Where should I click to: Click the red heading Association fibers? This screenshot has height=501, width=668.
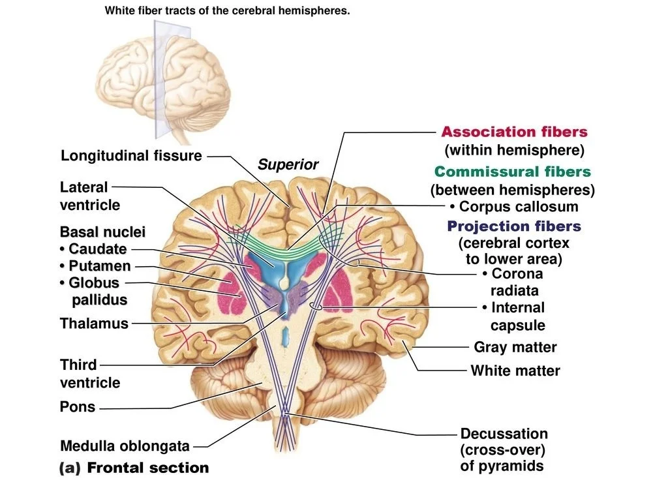[514, 132]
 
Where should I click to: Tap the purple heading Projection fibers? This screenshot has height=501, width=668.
[513, 226]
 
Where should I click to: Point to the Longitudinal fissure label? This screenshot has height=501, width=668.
[131, 156]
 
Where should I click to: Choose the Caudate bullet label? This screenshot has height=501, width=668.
[93, 249]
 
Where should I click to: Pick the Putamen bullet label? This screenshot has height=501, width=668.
[95, 266]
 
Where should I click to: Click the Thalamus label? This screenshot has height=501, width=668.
[94, 324]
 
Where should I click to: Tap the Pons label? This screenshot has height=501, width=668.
[78, 407]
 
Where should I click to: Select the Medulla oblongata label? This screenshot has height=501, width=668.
[125, 446]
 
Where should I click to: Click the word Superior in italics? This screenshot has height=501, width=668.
[288, 165]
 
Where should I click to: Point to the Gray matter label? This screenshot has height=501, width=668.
[515, 348]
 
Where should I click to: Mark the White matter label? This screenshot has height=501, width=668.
[515, 371]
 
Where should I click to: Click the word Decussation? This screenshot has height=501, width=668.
[504, 434]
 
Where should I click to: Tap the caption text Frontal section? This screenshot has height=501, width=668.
[147, 468]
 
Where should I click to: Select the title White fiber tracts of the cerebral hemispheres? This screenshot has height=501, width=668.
[228, 11]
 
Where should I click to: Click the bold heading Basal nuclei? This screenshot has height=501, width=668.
[102, 232]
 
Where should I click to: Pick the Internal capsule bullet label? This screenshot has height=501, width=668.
[513, 316]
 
